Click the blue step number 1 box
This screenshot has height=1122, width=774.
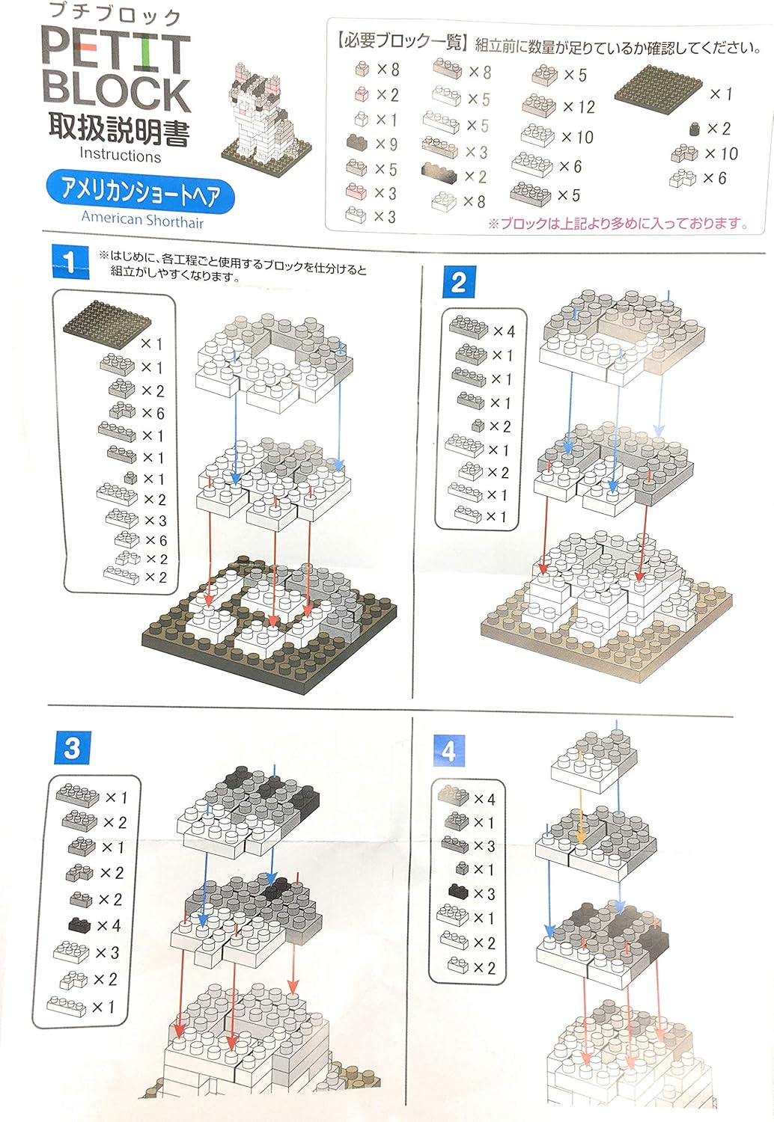70,262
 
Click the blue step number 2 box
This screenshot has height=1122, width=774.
459,283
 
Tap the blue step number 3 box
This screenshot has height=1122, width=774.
73,747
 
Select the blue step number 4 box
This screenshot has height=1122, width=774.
448,751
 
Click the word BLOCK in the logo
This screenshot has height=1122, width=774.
116,93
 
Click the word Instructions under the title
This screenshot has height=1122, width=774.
121,155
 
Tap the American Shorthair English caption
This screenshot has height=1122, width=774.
143,219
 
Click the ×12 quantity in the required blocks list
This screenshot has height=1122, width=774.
579,107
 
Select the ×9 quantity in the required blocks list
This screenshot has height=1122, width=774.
386,144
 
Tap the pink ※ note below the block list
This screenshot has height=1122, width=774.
618,223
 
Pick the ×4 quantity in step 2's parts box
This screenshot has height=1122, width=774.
504,331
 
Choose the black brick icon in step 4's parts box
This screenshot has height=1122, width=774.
457,891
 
